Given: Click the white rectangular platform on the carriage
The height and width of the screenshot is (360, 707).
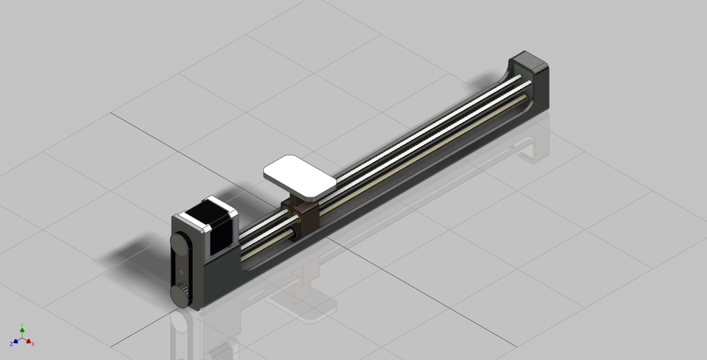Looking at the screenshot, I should pyautogui.click(x=299, y=177).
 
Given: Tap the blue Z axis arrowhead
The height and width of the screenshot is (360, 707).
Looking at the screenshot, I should pyautogui.click(x=15, y=342).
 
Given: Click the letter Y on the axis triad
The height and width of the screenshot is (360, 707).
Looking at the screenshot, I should pyautogui.click(x=22, y=323).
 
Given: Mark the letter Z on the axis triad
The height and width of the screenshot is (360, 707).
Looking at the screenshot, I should pyautogui.click(x=11, y=344).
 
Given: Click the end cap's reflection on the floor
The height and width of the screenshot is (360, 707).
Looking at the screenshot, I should pyautogui.click(x=530, y=147).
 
